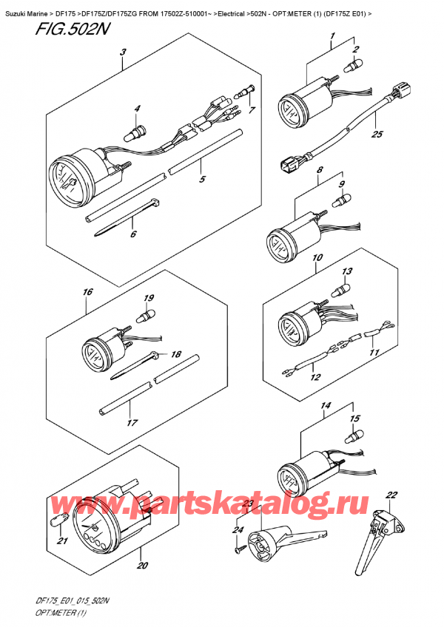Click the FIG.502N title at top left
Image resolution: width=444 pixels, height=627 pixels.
pyautogui.click(x=72, y=29)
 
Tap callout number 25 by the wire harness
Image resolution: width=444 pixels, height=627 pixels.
pyautogui.click(x=377, y=135)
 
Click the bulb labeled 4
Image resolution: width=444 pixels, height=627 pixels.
pyautogui.click(x=135, y=131)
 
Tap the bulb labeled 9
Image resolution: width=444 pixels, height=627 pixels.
pyautogui.click(x=341, y=200)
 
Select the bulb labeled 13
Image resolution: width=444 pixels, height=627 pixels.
pyautogui.click(x=340, y=288)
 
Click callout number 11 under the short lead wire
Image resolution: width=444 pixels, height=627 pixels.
pyautogui.click(x=374, y=353)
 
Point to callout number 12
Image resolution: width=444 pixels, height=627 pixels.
pyautogui.click(x=315, y=377)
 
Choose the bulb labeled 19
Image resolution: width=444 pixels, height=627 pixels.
pyautogui.click(x=146, y=316)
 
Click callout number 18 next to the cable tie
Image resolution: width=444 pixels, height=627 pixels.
pyautogui.click(x=176, y=354)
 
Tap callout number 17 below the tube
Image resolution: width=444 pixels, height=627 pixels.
pyautogui.click(x=132, y=423)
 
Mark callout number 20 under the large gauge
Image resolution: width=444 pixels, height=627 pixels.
pyautogui.click(x=142, y=565)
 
